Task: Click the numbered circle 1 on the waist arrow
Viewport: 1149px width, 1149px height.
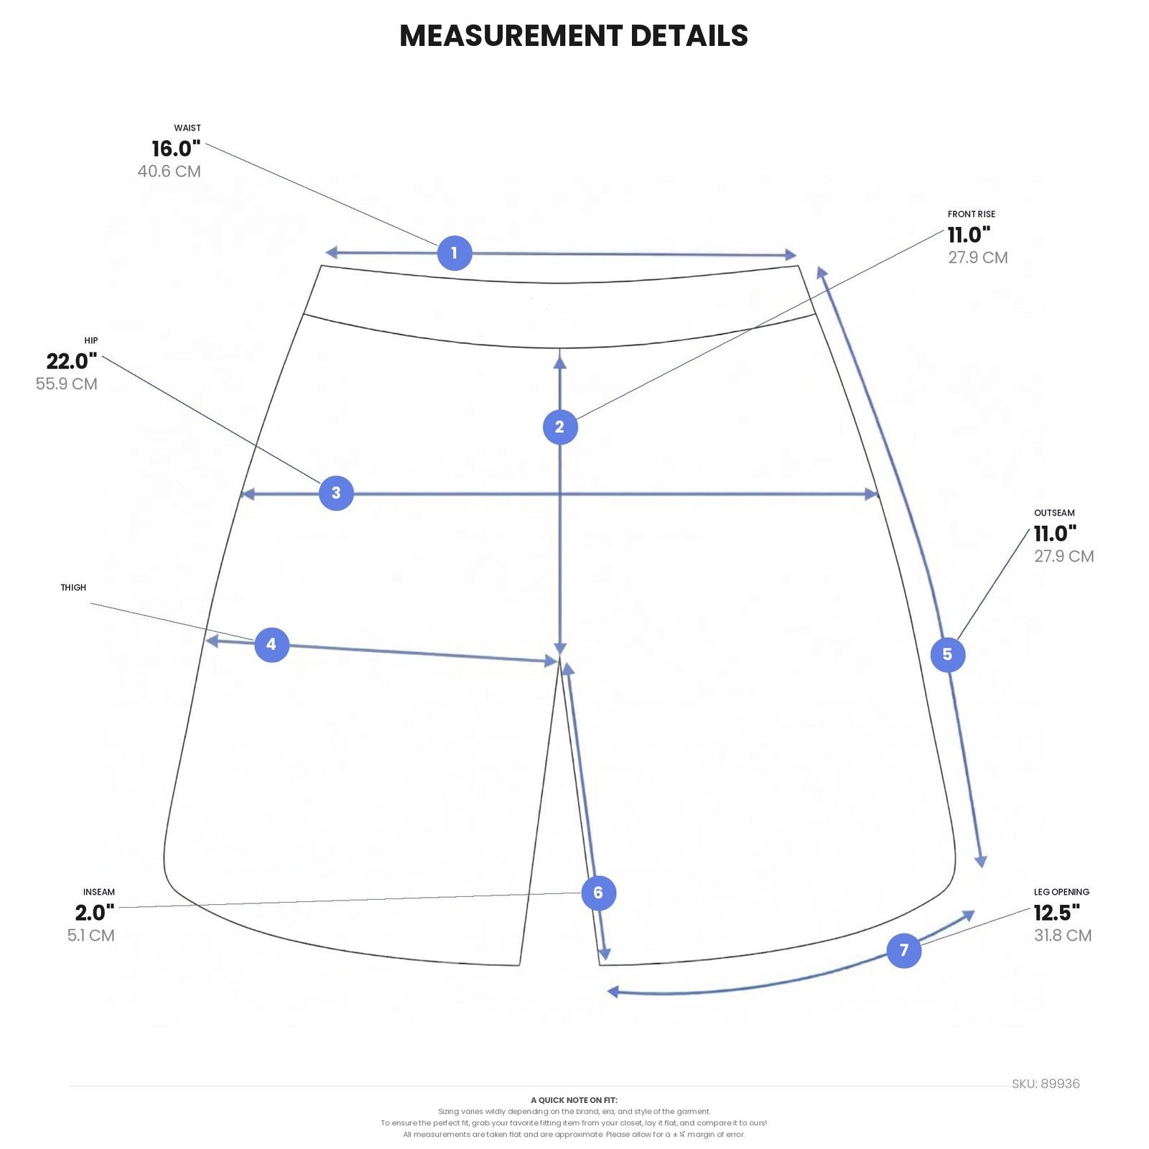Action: point(455,253)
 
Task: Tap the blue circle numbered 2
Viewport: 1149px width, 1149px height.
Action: point(560,427)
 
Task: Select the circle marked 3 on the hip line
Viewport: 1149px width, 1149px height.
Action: point(336,493)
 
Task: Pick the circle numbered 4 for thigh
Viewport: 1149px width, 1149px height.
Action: point(271,644)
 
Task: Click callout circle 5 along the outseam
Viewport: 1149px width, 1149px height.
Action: point(948,654)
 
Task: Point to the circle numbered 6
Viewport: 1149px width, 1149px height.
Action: point(598,893)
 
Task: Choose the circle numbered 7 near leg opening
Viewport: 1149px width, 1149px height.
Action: point(904,950)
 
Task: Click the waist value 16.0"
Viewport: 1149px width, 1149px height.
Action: point(176,149)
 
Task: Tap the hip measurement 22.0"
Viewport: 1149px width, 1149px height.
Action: point(72,361)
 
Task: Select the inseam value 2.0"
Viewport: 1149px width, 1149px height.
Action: point(95,913)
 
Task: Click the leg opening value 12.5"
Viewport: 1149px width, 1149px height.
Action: point(1057,913)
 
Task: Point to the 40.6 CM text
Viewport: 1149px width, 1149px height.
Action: point(169,172)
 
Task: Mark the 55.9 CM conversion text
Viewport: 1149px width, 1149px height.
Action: point(67,384)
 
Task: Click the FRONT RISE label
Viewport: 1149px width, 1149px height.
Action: point(972,214)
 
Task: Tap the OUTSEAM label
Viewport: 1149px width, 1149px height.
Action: point(1054,513)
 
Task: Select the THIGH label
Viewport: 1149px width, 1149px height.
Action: point(73,587)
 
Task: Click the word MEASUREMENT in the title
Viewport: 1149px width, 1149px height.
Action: point(511,36)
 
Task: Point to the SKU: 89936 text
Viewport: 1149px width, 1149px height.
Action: point(1046,1084)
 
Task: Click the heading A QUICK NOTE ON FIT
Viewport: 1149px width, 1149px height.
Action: point(574,1100)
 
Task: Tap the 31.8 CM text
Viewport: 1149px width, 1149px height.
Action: point(1063,936)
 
